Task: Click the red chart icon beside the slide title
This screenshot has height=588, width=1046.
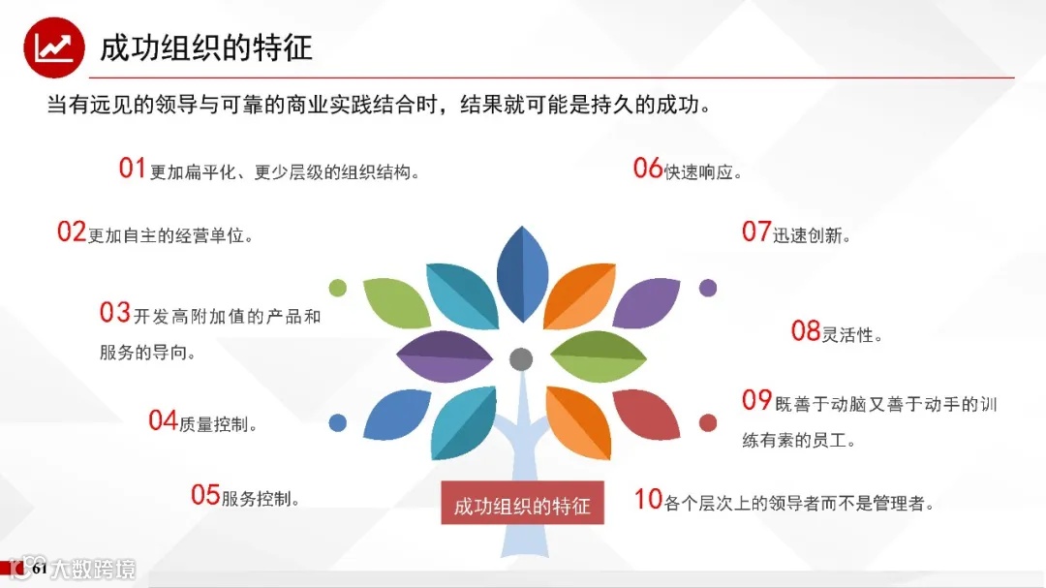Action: point(53,46)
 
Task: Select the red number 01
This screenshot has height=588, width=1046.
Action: point(132,169)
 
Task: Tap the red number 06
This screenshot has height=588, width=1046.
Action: point(647,169)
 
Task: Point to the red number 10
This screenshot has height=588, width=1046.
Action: point(648,500)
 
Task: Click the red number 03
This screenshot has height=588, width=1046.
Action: point(114,313)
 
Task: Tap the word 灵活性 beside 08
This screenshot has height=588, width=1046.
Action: point(851,335)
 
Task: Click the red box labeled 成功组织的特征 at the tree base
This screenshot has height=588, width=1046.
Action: point(522,504)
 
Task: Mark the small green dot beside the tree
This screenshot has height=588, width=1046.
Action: point(338,287)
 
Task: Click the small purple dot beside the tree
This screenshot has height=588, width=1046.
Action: point(708,287)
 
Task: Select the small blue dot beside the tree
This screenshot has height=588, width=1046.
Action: point(338,422)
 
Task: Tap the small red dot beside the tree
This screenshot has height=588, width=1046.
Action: point(708,422)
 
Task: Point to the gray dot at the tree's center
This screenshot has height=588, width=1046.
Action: point(521,358)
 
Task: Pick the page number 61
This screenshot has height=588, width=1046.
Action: point(39,569)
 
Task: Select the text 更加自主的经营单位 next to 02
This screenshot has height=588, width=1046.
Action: point(170,235)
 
